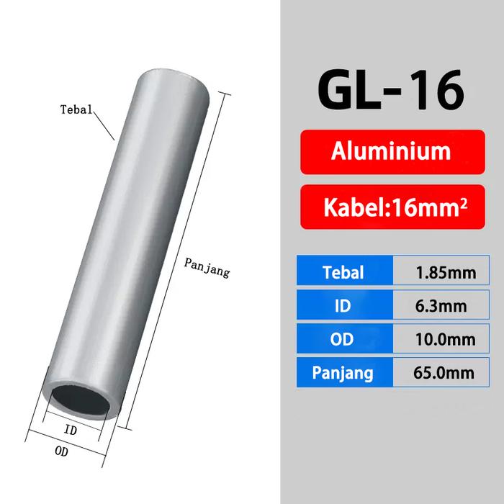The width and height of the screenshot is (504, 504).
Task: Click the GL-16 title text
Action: click(x=391, y=89)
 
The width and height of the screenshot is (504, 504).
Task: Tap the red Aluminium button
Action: click(x=392, y=152)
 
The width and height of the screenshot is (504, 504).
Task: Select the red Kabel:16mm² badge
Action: click(x=392, y=207)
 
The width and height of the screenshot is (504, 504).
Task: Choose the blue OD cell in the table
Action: click(x=345, y=338)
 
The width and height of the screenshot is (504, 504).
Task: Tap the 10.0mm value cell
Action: click(x=441, y=338)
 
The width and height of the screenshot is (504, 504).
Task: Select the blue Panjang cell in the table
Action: click(x=345, y=372)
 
